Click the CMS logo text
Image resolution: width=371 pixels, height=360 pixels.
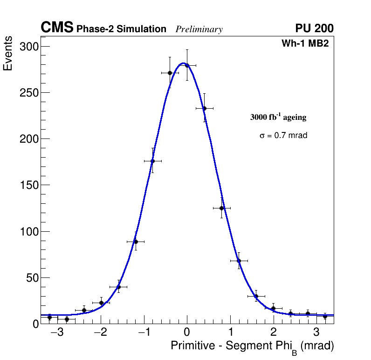tap(57, 28)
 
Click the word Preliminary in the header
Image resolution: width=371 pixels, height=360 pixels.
tap(199, 29)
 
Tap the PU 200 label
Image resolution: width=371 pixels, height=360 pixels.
tap(314, 28)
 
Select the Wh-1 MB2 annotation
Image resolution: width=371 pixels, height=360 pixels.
tap(305, 44)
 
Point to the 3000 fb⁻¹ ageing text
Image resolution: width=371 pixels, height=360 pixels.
tap(278, 117)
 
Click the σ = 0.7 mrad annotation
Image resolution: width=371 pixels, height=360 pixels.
tap(283, 136)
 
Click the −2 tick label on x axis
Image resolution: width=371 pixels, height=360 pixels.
tap(100, 333)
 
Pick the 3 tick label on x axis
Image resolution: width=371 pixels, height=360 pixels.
tap(316, 333)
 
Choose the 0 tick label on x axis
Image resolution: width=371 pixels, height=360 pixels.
tap(187, 333)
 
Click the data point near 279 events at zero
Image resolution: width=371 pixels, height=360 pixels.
tap(187, 65)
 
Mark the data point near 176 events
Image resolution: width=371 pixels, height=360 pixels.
tap(152, 161)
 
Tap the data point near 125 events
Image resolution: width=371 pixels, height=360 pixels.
tap(221, 208)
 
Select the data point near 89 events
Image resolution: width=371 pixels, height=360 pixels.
tap(136, 242)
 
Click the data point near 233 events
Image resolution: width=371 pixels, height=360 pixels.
tap(204, 108)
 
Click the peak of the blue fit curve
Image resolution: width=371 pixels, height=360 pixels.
tap(183, 63)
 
